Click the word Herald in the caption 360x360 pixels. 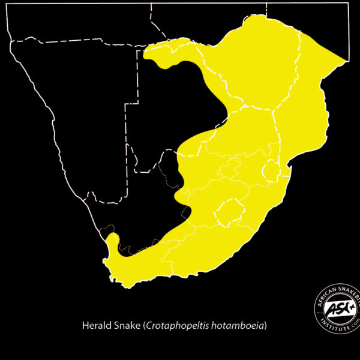pyautogui.click(x=95, y=326)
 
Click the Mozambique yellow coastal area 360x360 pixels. pyautogui.click(x=306, y=120)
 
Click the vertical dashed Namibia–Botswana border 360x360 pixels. pyautogui.click(x=128, y=150)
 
